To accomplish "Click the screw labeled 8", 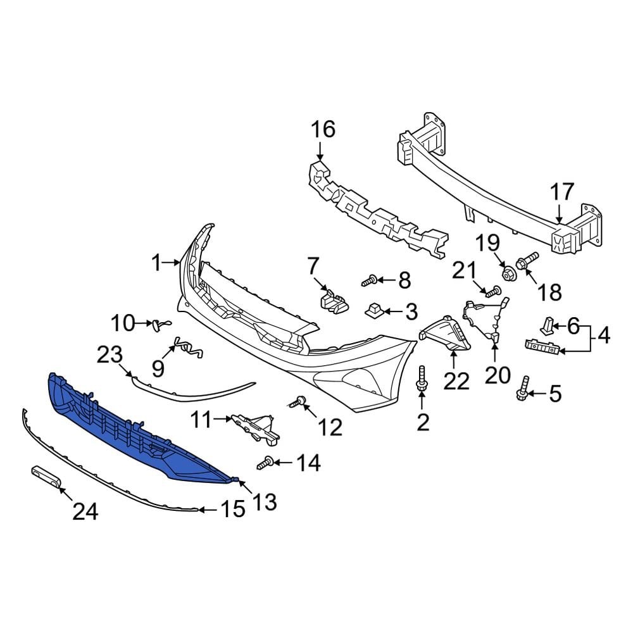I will [371, 279].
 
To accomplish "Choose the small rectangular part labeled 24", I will [46, 476].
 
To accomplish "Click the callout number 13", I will [265, 502].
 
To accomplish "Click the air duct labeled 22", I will [447, 335].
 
